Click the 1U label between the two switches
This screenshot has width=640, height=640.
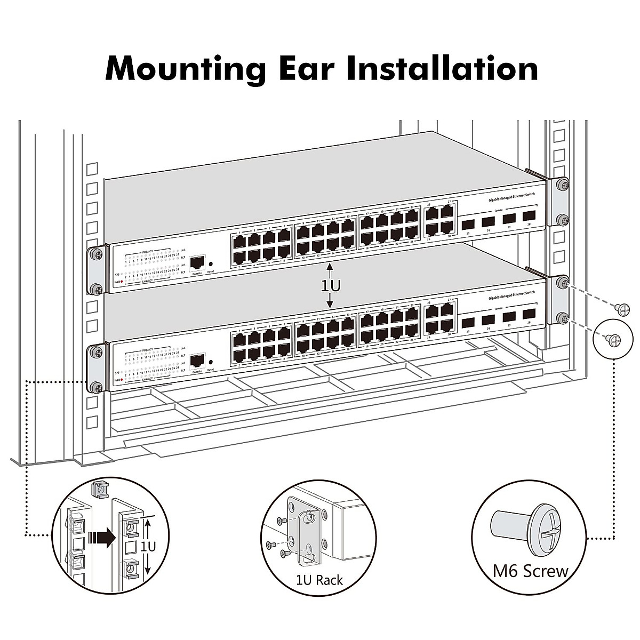point(330,286)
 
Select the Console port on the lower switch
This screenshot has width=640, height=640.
point(197,359)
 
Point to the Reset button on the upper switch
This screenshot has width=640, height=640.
point(211,264)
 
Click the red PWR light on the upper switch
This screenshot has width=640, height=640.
point(122,282)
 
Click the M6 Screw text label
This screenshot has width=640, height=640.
point(530,571)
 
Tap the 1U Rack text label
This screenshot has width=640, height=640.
point(319,580)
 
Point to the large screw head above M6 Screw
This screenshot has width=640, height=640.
point(546,533)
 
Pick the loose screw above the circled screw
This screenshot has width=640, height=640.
point(622,308)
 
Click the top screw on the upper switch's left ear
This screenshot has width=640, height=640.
point(96,254)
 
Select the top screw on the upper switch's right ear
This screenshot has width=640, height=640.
point(561,184)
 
